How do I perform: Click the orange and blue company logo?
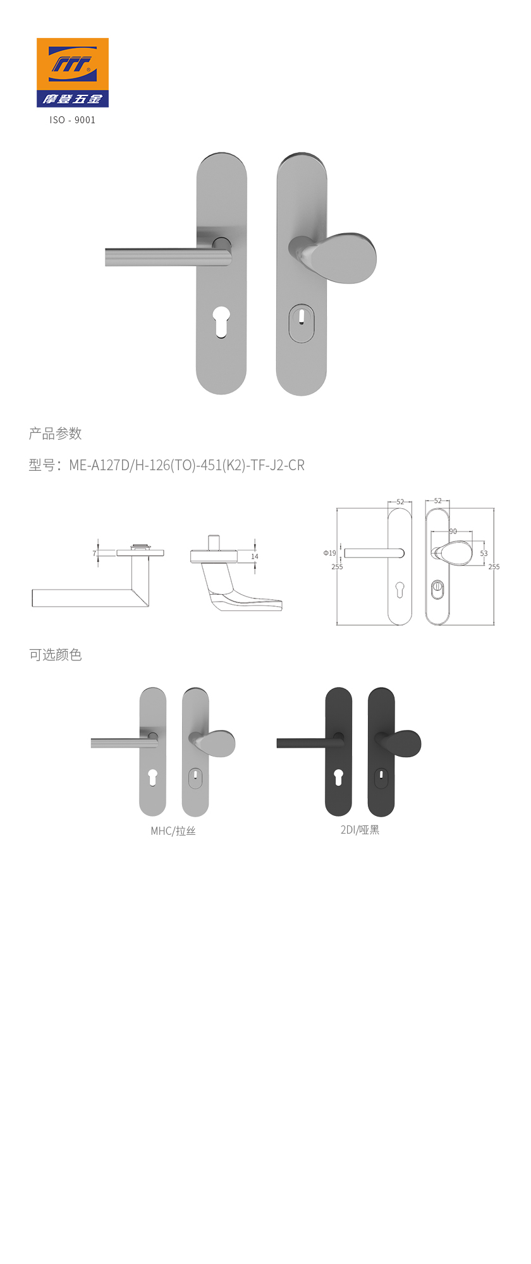point(73,72)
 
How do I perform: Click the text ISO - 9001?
point(73,120)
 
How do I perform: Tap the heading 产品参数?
point(56,434)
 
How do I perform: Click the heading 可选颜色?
point(56,655)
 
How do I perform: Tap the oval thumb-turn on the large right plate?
point(302,324)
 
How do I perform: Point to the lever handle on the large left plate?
point(168,257)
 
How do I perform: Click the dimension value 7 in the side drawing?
point(94,554)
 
